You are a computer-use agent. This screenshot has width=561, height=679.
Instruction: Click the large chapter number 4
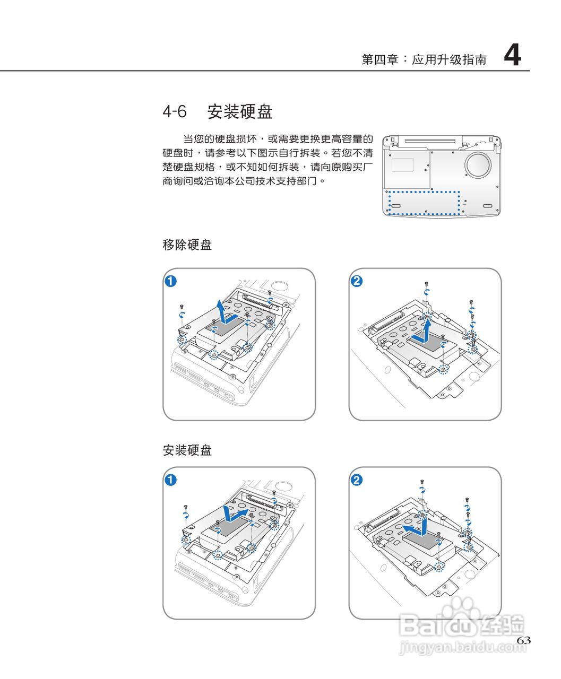click(x=512, y=55)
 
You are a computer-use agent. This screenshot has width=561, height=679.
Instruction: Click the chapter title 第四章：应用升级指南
click(x=424, y=59)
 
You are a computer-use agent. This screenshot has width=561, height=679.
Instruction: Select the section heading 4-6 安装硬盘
click(x=217, y=112)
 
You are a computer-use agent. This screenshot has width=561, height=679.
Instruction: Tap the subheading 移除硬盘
click(x=187, y=245)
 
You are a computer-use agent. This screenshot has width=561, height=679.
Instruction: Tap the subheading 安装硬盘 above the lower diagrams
click(x=187, y=450)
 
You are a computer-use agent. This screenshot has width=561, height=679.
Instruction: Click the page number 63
click(x=523, y=640)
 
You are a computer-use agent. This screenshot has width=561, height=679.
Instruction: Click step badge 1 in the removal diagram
click(x=170, y=281)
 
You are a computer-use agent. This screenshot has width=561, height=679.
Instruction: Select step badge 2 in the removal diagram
click(x=357, y=281)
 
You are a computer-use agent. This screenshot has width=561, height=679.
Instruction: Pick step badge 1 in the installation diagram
click(x=170, y=480)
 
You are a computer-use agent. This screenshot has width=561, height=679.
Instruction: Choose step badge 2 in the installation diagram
click(x=357, y=480)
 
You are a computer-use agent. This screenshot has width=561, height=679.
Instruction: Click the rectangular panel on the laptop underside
click(x=403, y=164)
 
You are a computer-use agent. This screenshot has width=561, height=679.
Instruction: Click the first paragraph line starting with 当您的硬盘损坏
click(x=278, y=140)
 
